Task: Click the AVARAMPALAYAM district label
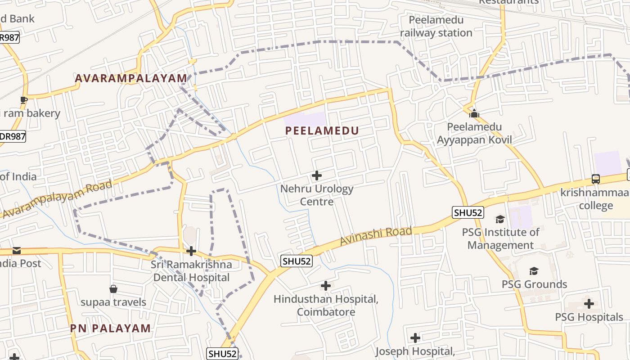[130, 78]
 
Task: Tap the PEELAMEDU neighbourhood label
[322, 131]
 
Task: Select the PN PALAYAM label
[110, 328]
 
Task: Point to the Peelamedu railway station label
[436, 27]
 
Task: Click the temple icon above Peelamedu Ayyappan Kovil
[474, 113]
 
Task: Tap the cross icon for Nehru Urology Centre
[317, 175]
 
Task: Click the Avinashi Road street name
[376, 236]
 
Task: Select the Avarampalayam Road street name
[58, 199]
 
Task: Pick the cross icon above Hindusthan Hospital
[326, 286]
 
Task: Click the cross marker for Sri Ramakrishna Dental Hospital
[191, 251]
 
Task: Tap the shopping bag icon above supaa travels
[113, 289]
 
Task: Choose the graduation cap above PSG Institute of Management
[500, 219]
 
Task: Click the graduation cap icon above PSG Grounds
[534, 271]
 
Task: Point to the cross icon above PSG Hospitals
[589, 304]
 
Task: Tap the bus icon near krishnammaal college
[596, 179]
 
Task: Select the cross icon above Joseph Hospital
[415, 337]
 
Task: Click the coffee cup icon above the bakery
[24, 100]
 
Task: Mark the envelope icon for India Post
[17, 250]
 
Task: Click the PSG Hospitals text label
[589, 317]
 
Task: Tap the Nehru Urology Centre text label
[317, 195]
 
